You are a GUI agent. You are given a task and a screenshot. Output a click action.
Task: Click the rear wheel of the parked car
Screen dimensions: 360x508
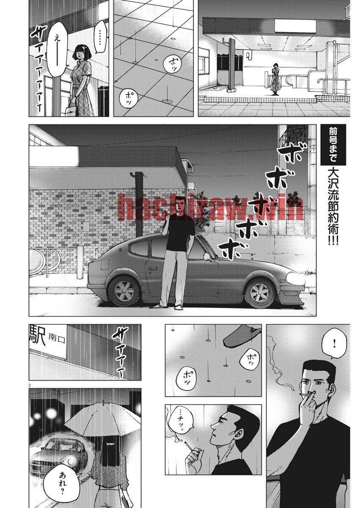(124, 291)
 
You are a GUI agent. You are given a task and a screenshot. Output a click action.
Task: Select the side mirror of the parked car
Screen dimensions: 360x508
(206, 256)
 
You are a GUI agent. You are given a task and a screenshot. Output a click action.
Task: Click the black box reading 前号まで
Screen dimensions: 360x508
(333, 144)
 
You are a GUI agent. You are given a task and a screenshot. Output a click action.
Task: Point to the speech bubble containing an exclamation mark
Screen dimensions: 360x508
(335, 345)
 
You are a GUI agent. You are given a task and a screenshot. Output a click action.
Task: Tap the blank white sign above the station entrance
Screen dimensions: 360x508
(295, 26)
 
